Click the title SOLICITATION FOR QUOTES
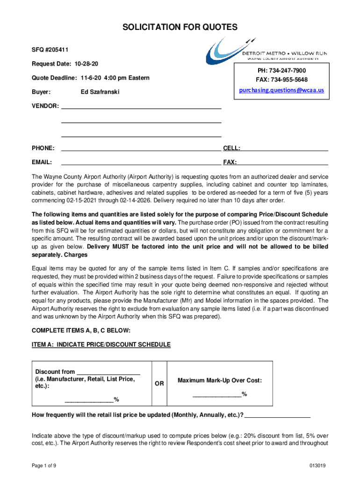click(x=180, y=28)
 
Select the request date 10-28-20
click(x=88, y=63)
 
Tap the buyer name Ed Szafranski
click(x=100, y=92)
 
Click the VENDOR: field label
click(x=45, y=106)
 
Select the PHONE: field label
click(x=43, y=148)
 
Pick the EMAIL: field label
click(x=42, y=162)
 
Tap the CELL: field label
click(x=231, y=148)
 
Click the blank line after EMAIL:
click(x=141, y=164)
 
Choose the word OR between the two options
click(x=159, y=384)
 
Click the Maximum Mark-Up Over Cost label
click(x=220, y=381)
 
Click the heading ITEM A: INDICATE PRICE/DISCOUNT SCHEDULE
click(x=101, y=345)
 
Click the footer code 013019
click(x=317, y=465)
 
